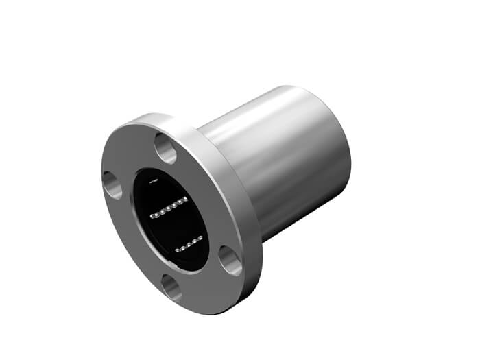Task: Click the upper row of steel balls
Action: click(169, 207)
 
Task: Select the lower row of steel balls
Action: click(189, 243)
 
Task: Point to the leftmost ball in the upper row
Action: click(153, 215)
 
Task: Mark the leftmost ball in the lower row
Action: click(176, 248)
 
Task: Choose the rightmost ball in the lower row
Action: click(201, 237)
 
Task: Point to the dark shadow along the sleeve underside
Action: click(302, 219)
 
